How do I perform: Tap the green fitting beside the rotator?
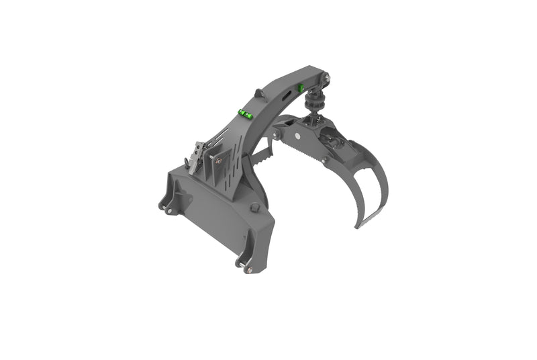pyautogui.click(x=302, y=87)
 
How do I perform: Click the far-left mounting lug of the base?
pyautogui.click(x=164, y=203)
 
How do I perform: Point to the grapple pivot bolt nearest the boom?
pyautogui.click(x=277, y=136)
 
